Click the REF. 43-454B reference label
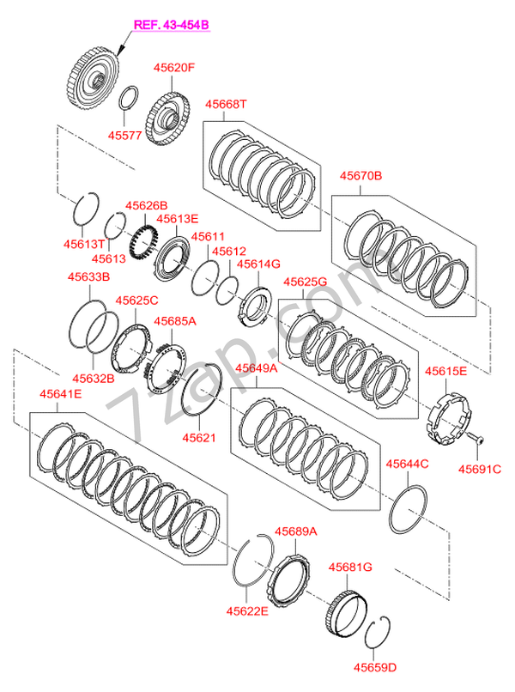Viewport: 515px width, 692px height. (x=170, y=26)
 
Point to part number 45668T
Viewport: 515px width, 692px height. (x=225, y=105)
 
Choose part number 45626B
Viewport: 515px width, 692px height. (x=147, y=206)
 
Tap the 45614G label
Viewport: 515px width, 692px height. (x=258, y=264)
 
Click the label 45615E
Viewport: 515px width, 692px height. (x=446, y=372)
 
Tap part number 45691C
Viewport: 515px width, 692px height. (x=478, y=469)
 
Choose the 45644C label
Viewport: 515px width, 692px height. (x=407, y=464)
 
